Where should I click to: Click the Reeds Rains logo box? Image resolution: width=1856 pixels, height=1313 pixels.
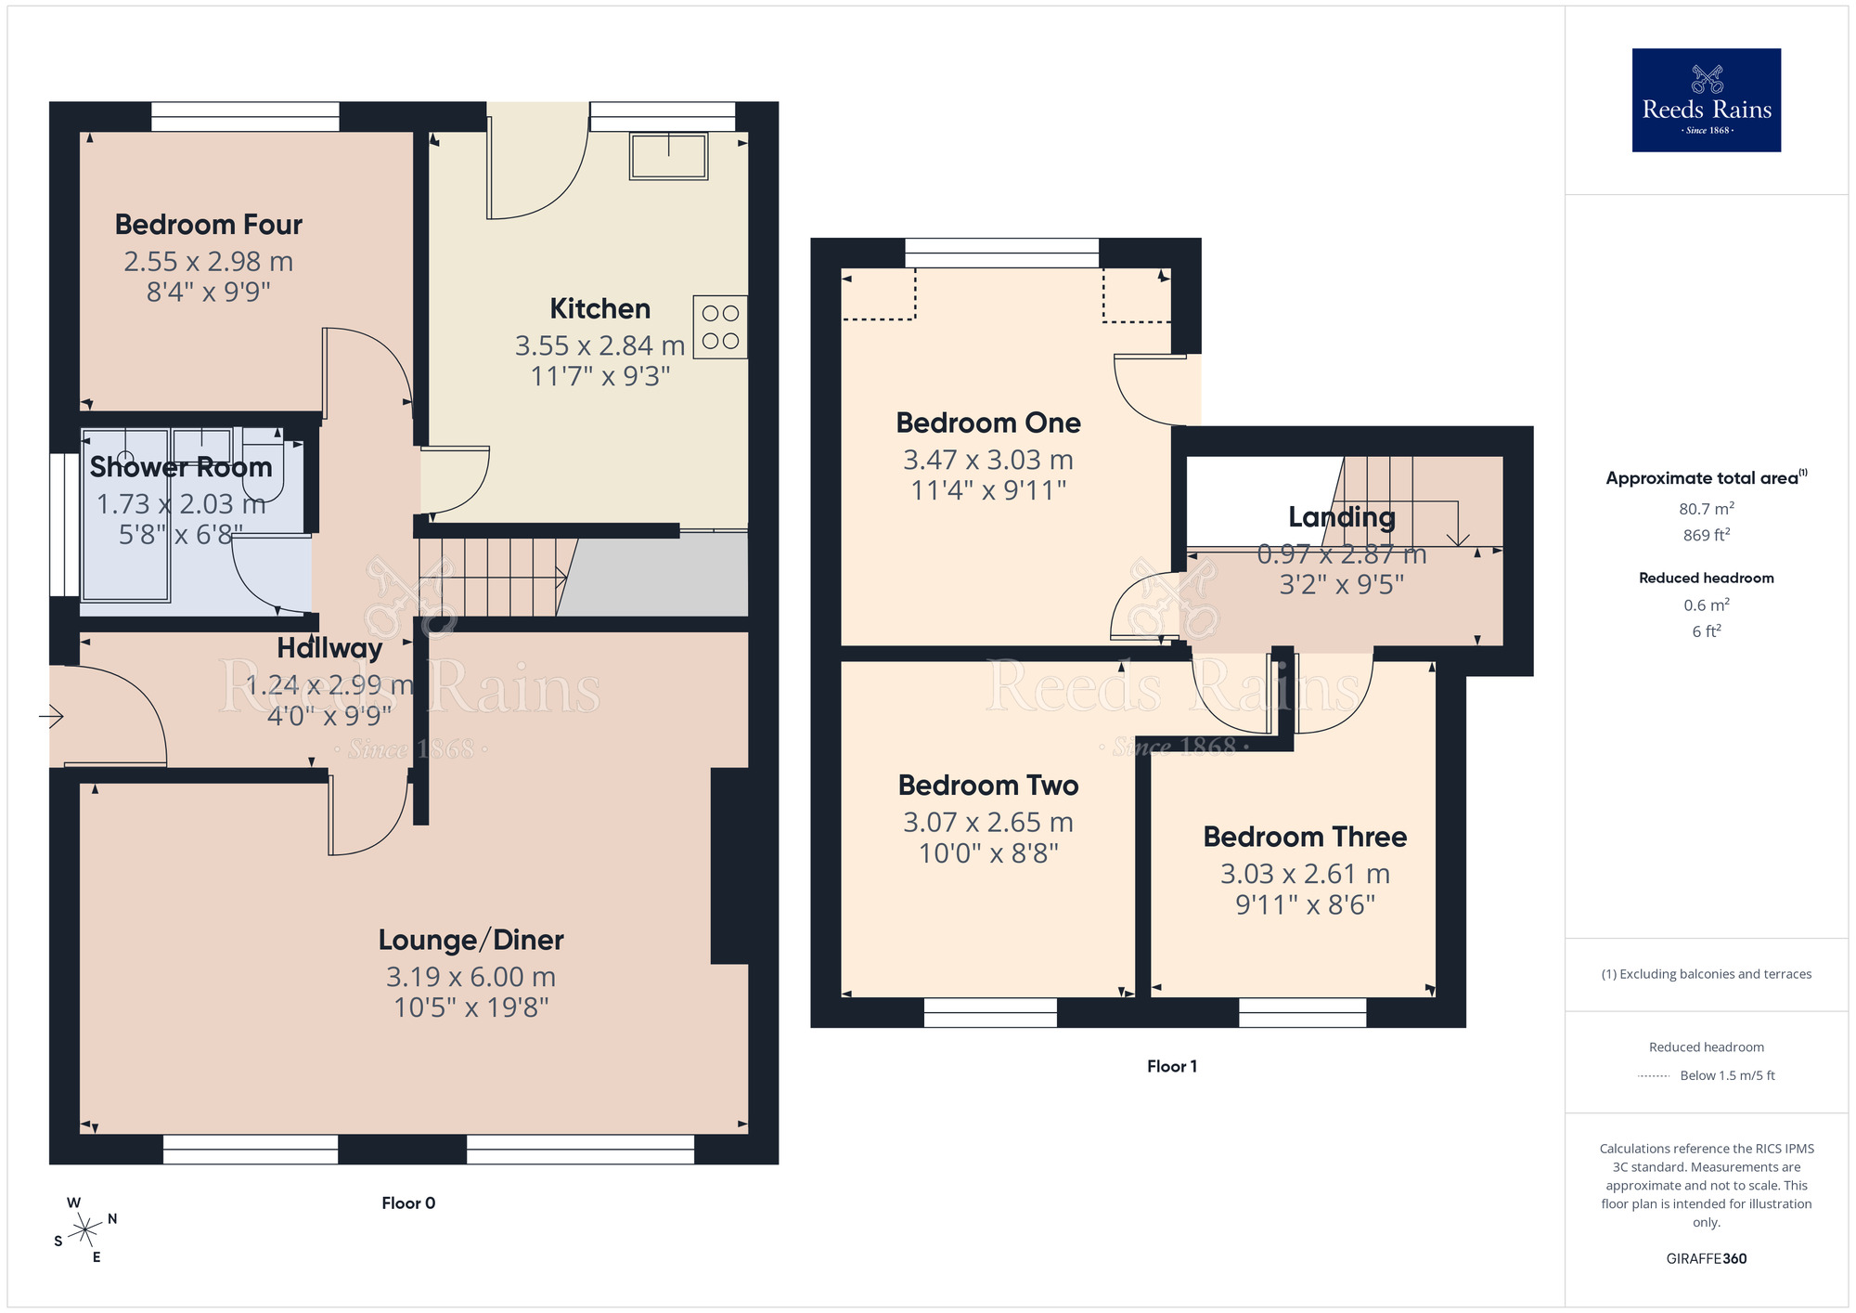click(1706, 100)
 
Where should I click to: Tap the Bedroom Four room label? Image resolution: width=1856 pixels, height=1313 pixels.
click(209, 225)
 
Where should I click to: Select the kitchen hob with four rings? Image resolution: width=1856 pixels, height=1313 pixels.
click(720, 327)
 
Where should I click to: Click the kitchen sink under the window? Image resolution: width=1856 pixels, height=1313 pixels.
click(668, 155)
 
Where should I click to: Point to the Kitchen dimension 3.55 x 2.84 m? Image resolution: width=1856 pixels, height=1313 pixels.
click(599, 345)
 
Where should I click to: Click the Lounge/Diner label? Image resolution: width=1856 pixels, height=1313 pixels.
click(470, 940)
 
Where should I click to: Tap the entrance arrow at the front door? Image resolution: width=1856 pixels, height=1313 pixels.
click(51, 716)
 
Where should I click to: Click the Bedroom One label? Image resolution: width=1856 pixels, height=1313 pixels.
click(988, 423)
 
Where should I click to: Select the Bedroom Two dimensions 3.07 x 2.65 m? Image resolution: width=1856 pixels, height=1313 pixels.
click(988, 823)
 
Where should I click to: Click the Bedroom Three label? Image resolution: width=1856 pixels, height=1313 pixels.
click(1305, 837)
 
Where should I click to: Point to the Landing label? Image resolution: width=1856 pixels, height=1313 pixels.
click(1341, 517)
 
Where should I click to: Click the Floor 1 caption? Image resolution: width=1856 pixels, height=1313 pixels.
click(1171, 1066)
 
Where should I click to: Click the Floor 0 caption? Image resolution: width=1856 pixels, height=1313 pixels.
click(408, 1202)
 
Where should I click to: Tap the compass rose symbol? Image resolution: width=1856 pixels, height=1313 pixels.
click(85, 1230)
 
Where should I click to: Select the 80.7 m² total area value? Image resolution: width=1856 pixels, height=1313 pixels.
click(1706, 509)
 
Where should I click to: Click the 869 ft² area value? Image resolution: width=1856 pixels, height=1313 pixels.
click(1706, 535)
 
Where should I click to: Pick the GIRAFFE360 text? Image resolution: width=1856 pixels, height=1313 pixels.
click(1706, 1258)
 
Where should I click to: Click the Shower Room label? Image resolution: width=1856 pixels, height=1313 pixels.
click(181, 467)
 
